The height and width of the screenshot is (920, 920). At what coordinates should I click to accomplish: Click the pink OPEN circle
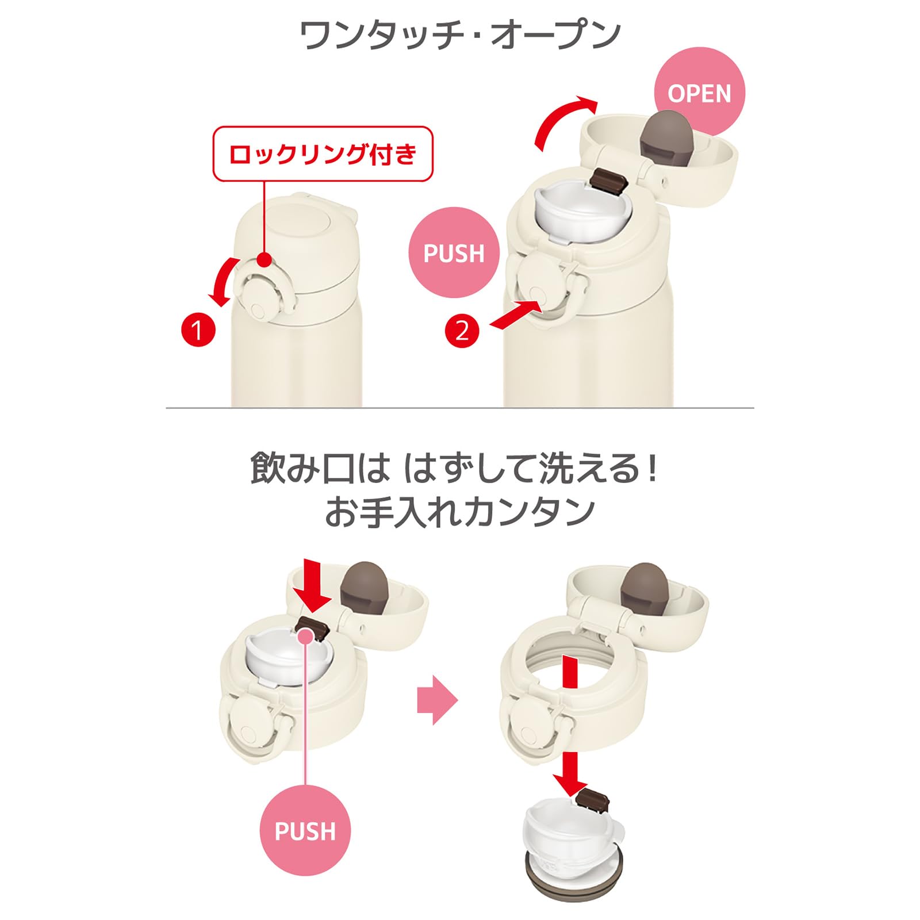point(699,93)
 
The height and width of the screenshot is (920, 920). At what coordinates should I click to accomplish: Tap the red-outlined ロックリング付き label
point(323,154)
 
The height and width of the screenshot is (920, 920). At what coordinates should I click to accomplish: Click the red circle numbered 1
point(198,330)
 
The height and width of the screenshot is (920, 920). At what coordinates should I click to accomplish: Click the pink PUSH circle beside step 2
point(454,252)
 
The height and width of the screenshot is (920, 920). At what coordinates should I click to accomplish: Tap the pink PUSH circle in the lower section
point(305,830)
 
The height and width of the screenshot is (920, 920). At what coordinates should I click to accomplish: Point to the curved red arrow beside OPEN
point(561,118)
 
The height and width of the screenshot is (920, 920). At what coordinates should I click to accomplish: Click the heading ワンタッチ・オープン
point(460,36)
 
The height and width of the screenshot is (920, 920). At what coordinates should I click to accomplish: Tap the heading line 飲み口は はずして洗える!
point(454,467)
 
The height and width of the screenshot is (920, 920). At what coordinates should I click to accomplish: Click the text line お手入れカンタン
point(460,511)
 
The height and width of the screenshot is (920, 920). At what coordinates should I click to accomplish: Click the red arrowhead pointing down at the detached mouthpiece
point(570,784)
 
